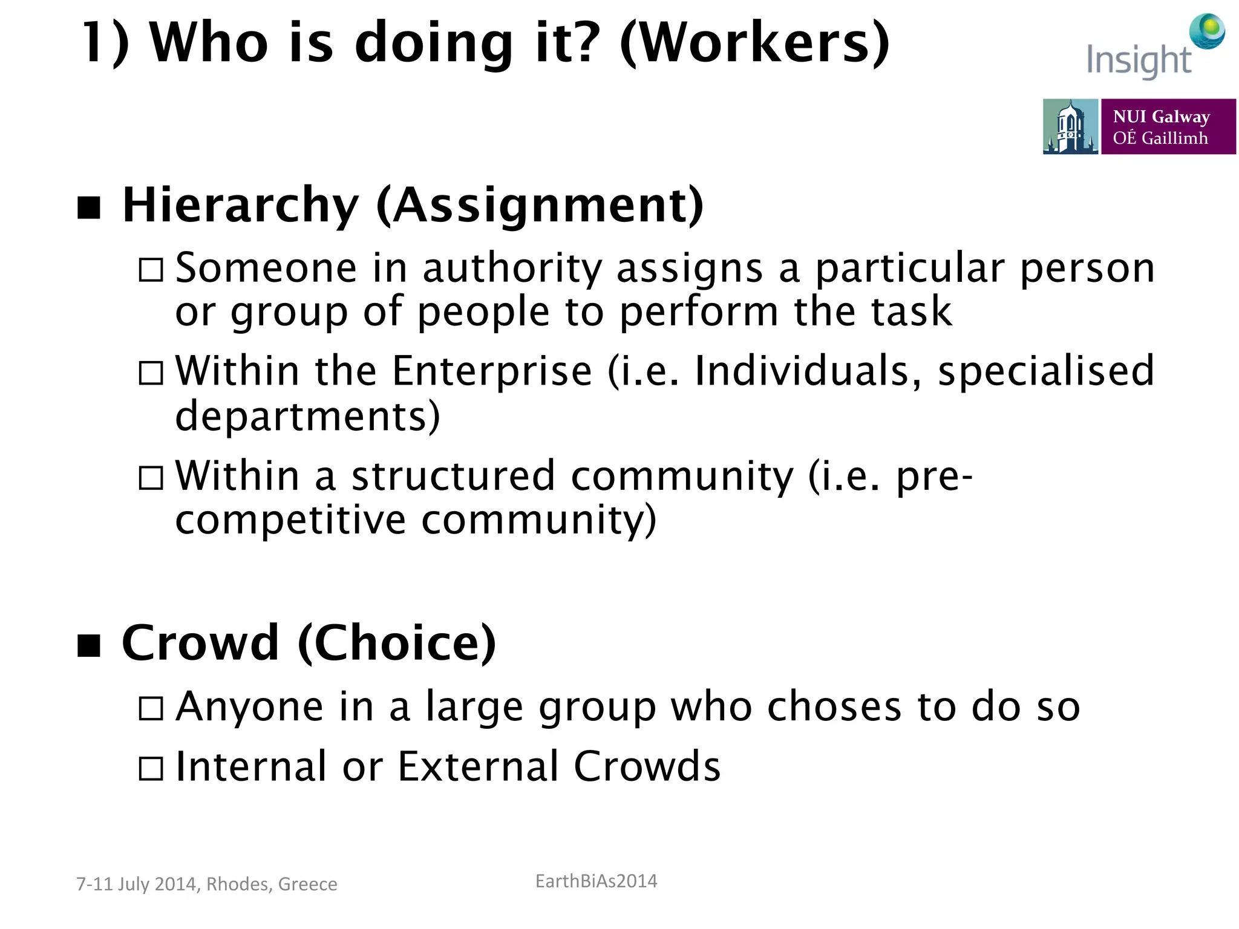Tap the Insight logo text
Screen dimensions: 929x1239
coord(1138,60)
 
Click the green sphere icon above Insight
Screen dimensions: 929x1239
coord(1207,30)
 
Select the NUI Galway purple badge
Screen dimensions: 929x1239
coord(1168,126)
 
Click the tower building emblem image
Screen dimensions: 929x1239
coord(1070,126)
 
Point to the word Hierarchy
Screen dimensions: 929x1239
coord(241,206)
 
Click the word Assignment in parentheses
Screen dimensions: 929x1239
coord(540,206)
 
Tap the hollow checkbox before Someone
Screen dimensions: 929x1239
coord(151,270)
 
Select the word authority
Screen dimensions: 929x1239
coord(512,269)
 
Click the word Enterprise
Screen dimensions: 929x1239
coord(492,371)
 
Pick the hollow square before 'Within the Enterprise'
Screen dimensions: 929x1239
coord(151,373)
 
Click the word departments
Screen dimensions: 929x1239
coord(307,416)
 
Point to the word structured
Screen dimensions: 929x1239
coord(453,475)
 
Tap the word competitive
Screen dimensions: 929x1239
coord(290,520)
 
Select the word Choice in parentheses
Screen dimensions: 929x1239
coord(397,643)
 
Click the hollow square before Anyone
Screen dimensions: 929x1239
coord(151,708)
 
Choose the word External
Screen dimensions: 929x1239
coord(478,766)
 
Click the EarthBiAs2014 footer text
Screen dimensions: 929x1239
coord(596,881)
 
